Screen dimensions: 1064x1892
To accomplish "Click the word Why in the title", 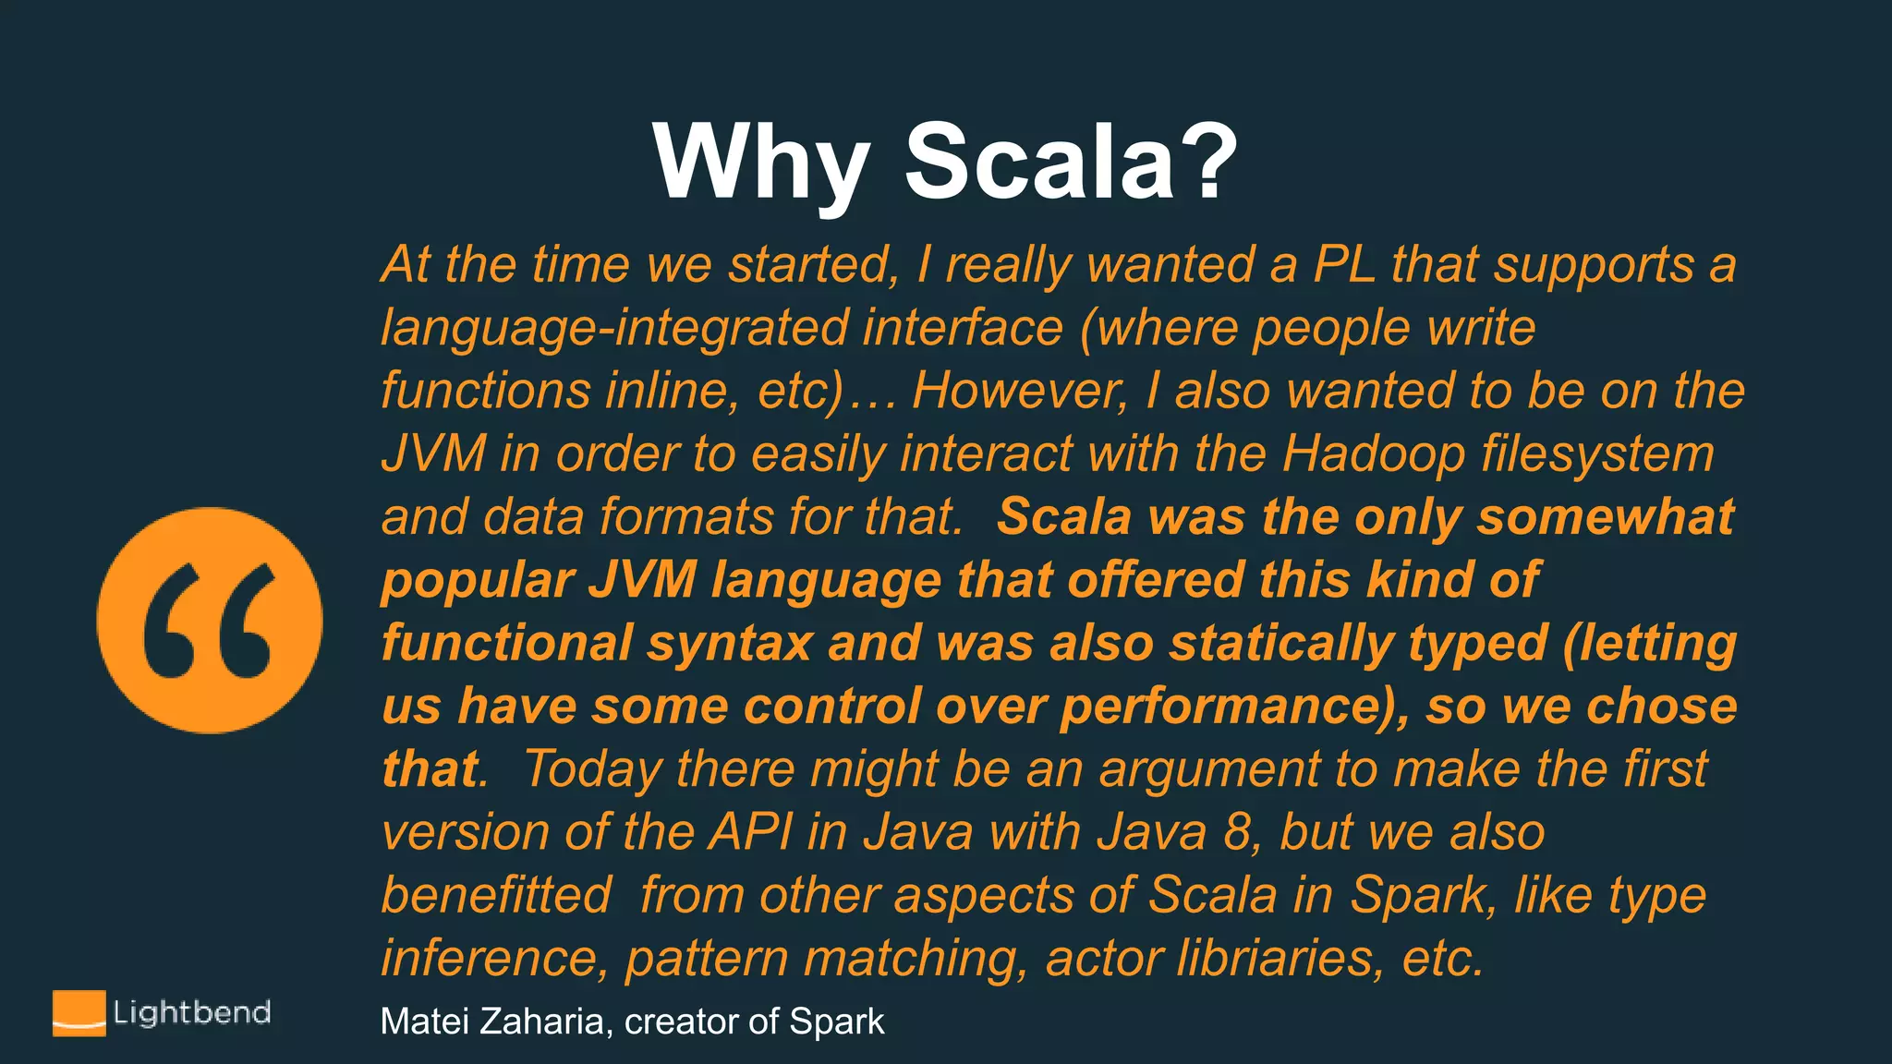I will pos(760,163).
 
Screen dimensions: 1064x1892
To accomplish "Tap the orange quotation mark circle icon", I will pos(210,621).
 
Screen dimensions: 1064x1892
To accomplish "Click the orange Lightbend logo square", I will pos(79,1013).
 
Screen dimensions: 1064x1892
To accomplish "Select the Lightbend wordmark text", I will pos(191,1012).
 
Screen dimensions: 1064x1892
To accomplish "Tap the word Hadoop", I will pos(1373,454).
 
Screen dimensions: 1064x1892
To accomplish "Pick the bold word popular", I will pos(479,581).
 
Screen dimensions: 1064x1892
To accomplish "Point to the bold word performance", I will pos(1219,707).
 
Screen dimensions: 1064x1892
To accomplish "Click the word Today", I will pos(592,770).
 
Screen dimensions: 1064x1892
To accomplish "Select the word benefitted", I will pos(496,896).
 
